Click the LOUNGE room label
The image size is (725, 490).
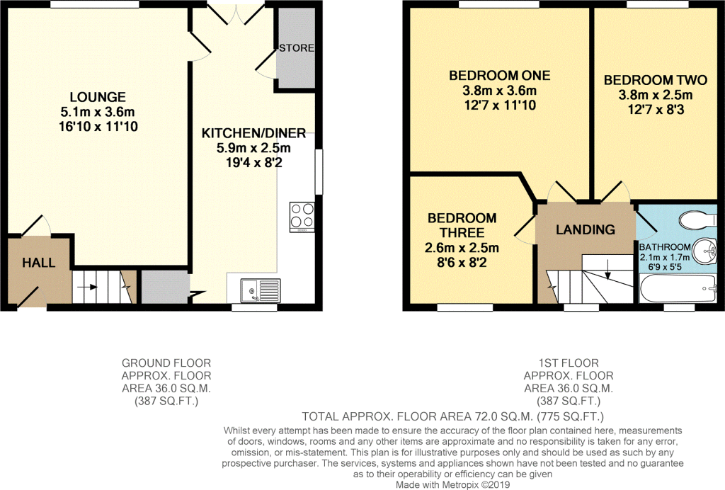[98, 97]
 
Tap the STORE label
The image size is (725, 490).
[297, 48]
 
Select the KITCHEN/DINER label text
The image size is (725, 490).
[253, 134]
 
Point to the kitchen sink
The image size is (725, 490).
[260, 290]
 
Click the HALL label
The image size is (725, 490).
[39, 263]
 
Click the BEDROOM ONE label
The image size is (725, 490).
[500, 75]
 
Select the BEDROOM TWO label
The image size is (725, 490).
[656, 80]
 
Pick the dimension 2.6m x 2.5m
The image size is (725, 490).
[462, 249]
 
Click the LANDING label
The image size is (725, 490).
[586, 229]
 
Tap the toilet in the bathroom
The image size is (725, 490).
[698, 220]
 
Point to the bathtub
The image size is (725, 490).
[678, 289]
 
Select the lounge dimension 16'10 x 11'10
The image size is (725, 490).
[98, 127]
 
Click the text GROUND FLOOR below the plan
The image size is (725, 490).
[166, 363]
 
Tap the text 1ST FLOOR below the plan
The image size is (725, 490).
[569, 363]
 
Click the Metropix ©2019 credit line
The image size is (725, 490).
[452, 484]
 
